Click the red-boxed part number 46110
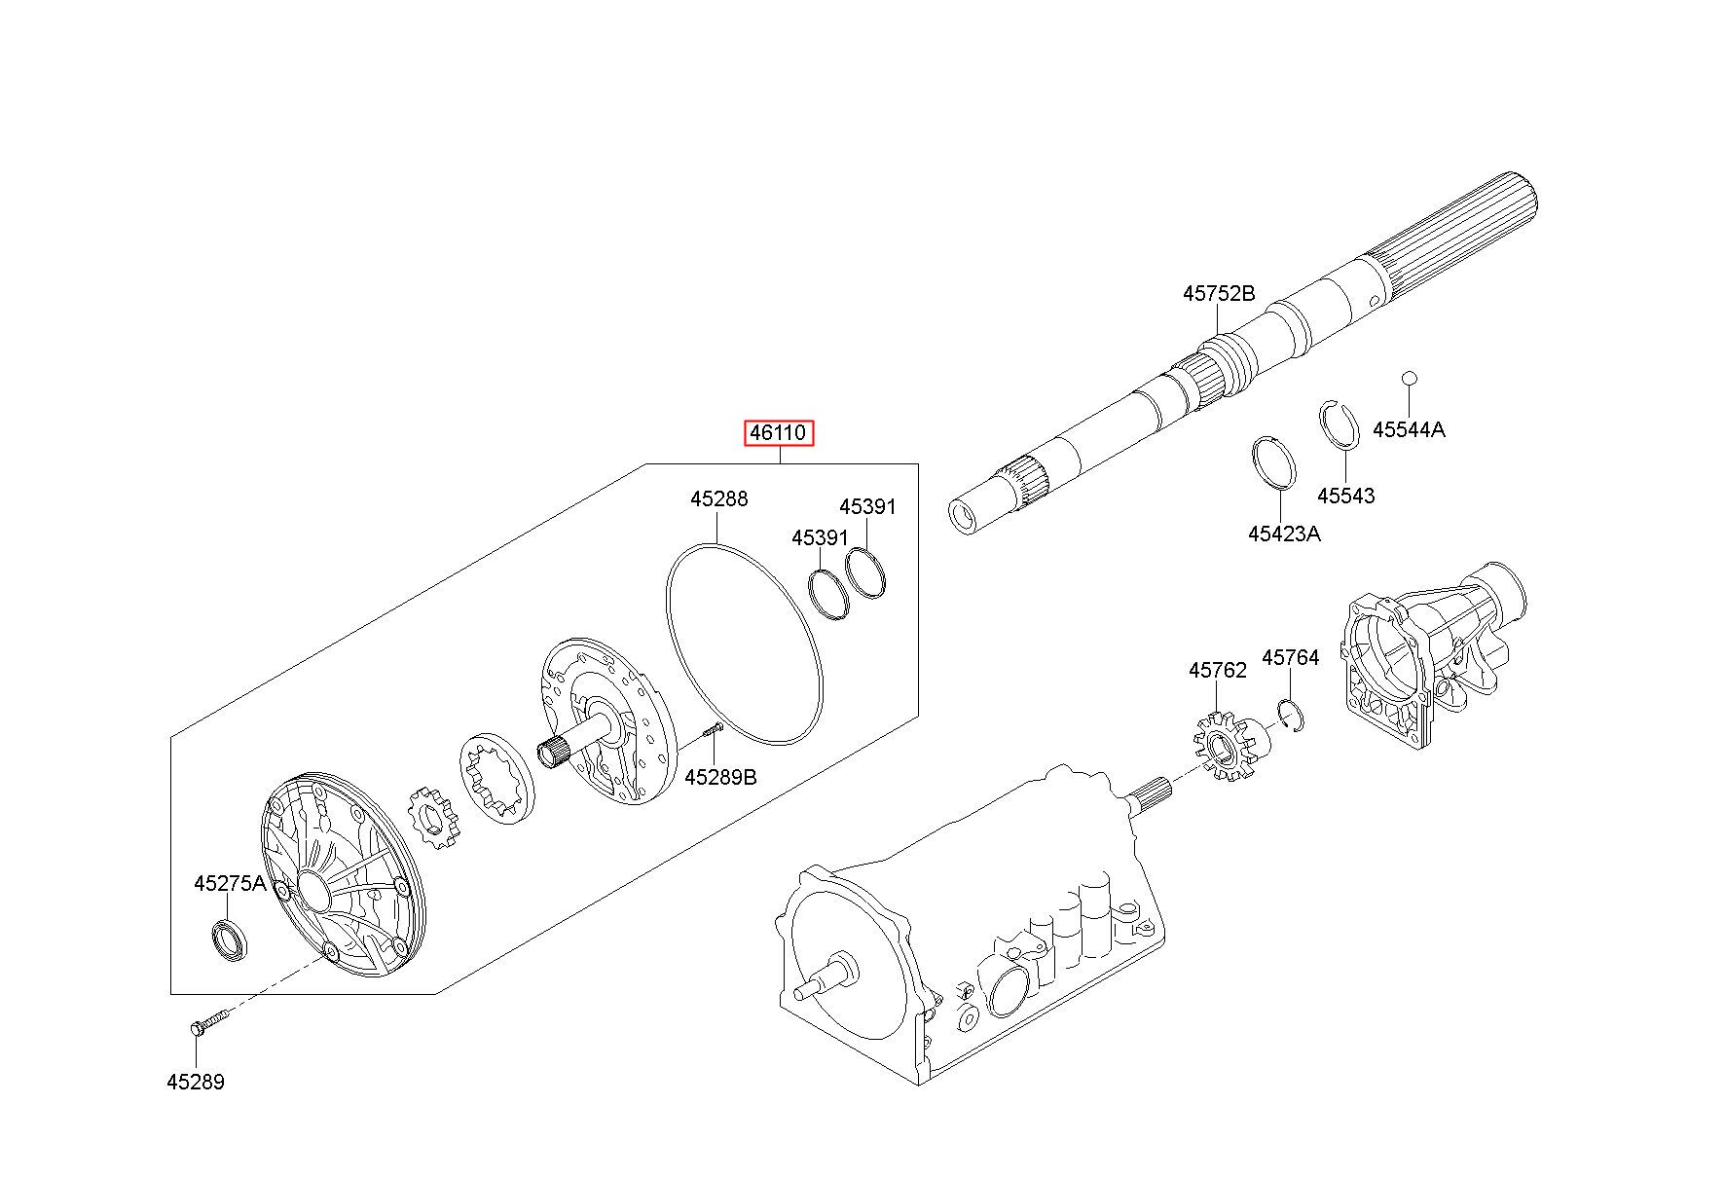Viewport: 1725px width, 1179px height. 779,432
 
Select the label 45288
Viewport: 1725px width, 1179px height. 718,499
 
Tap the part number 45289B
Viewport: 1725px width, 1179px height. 720,777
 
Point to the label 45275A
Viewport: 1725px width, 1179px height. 230,883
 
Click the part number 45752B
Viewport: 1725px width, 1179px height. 1219,293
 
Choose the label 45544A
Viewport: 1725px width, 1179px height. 1409,429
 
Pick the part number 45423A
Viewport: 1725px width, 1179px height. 1284,534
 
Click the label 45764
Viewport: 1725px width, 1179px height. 1290,658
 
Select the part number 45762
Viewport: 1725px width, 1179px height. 1217,671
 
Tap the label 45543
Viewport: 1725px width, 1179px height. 1345,496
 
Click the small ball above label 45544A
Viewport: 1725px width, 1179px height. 1408,377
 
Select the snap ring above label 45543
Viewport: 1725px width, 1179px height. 1339,425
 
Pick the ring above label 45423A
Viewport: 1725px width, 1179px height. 1273,463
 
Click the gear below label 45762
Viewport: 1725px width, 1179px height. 1226,749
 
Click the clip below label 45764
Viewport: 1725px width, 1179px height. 1291,716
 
